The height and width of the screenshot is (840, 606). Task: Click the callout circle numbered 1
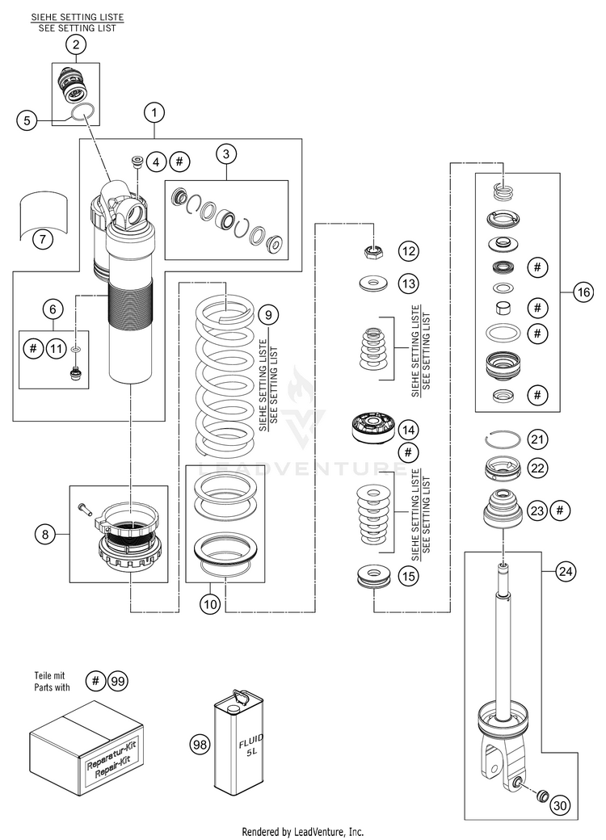point(154,112)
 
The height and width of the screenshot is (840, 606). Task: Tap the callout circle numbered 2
point(76,44)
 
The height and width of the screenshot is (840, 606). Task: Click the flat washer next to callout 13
point(372,283)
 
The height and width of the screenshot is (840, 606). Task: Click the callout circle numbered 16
point(583,292)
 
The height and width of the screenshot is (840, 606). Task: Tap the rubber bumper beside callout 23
point(502,508)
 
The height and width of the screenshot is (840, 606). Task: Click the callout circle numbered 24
point(566,571)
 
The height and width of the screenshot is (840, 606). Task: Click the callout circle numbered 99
point(118,682)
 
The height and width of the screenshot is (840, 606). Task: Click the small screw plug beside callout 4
point(137,162)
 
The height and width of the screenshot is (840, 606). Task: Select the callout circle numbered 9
point(268,314)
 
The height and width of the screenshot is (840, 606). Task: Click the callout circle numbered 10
point(211,604)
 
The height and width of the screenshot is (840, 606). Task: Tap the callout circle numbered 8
point(45,534)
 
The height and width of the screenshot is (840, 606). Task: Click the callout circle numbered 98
point(200,744)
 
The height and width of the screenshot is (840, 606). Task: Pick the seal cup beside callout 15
point(372,576)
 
